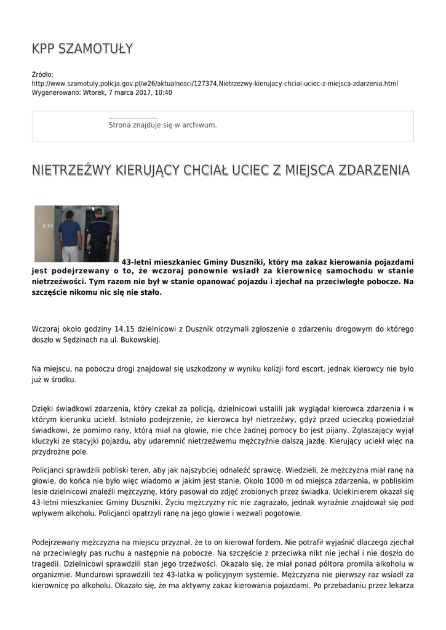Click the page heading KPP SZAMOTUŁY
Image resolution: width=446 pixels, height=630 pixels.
(x=82, y=49)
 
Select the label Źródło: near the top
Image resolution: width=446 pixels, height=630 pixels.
(x=43, y=75)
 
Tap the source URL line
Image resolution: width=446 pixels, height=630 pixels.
(x=215, y=84)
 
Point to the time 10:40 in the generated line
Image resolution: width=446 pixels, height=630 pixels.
(x=164, y=93)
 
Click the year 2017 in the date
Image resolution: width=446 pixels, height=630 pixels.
(x=140, y=93)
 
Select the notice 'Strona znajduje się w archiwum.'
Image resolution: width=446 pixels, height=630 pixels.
(x=162, y=125)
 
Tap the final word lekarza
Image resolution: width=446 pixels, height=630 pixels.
(x=399, y=586)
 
